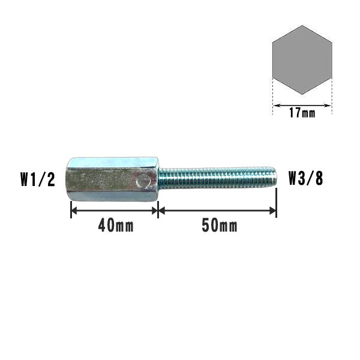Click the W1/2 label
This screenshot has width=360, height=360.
(x=38, y=179)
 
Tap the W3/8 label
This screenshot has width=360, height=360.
(x=305, y=178)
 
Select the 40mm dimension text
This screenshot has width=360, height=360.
(x=116, y=226)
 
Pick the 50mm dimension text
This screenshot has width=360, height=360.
(x=220, y=226)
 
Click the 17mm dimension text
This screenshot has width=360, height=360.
(x=302, y=113)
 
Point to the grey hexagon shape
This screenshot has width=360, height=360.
(x=302, y=60)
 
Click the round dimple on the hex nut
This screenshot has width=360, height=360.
(x=143, y=180)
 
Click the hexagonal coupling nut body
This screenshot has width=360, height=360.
(x=112, y=179)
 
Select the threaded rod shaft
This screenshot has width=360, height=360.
(x=217, y=178)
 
